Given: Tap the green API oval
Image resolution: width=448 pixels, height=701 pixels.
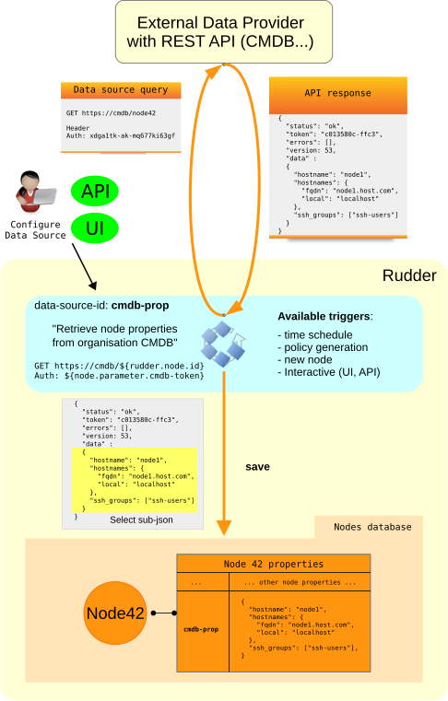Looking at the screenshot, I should point(95,192).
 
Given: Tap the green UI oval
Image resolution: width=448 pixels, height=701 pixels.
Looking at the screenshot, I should point(95,227).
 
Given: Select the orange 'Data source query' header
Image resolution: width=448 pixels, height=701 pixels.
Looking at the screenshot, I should point(121,90).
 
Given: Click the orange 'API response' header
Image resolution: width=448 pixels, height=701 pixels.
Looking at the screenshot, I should point(337,94).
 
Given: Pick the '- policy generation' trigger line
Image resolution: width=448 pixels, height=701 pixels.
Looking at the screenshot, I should point(323,347).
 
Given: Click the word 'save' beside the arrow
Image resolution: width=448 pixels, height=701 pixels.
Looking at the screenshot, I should point(257,467).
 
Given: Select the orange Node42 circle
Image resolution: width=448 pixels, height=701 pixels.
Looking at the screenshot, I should point(115,613).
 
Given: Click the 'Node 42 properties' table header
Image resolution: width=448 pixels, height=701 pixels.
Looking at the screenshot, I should point(274,564).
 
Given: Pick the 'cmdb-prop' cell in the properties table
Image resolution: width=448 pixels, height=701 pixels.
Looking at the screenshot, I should point(201,629).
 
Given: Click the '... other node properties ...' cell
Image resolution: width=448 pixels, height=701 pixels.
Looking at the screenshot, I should point(300,583).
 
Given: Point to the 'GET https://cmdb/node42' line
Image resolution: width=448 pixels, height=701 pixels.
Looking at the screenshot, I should point(104,112).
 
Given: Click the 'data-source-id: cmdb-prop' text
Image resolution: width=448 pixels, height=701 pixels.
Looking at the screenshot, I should point(101,305).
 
